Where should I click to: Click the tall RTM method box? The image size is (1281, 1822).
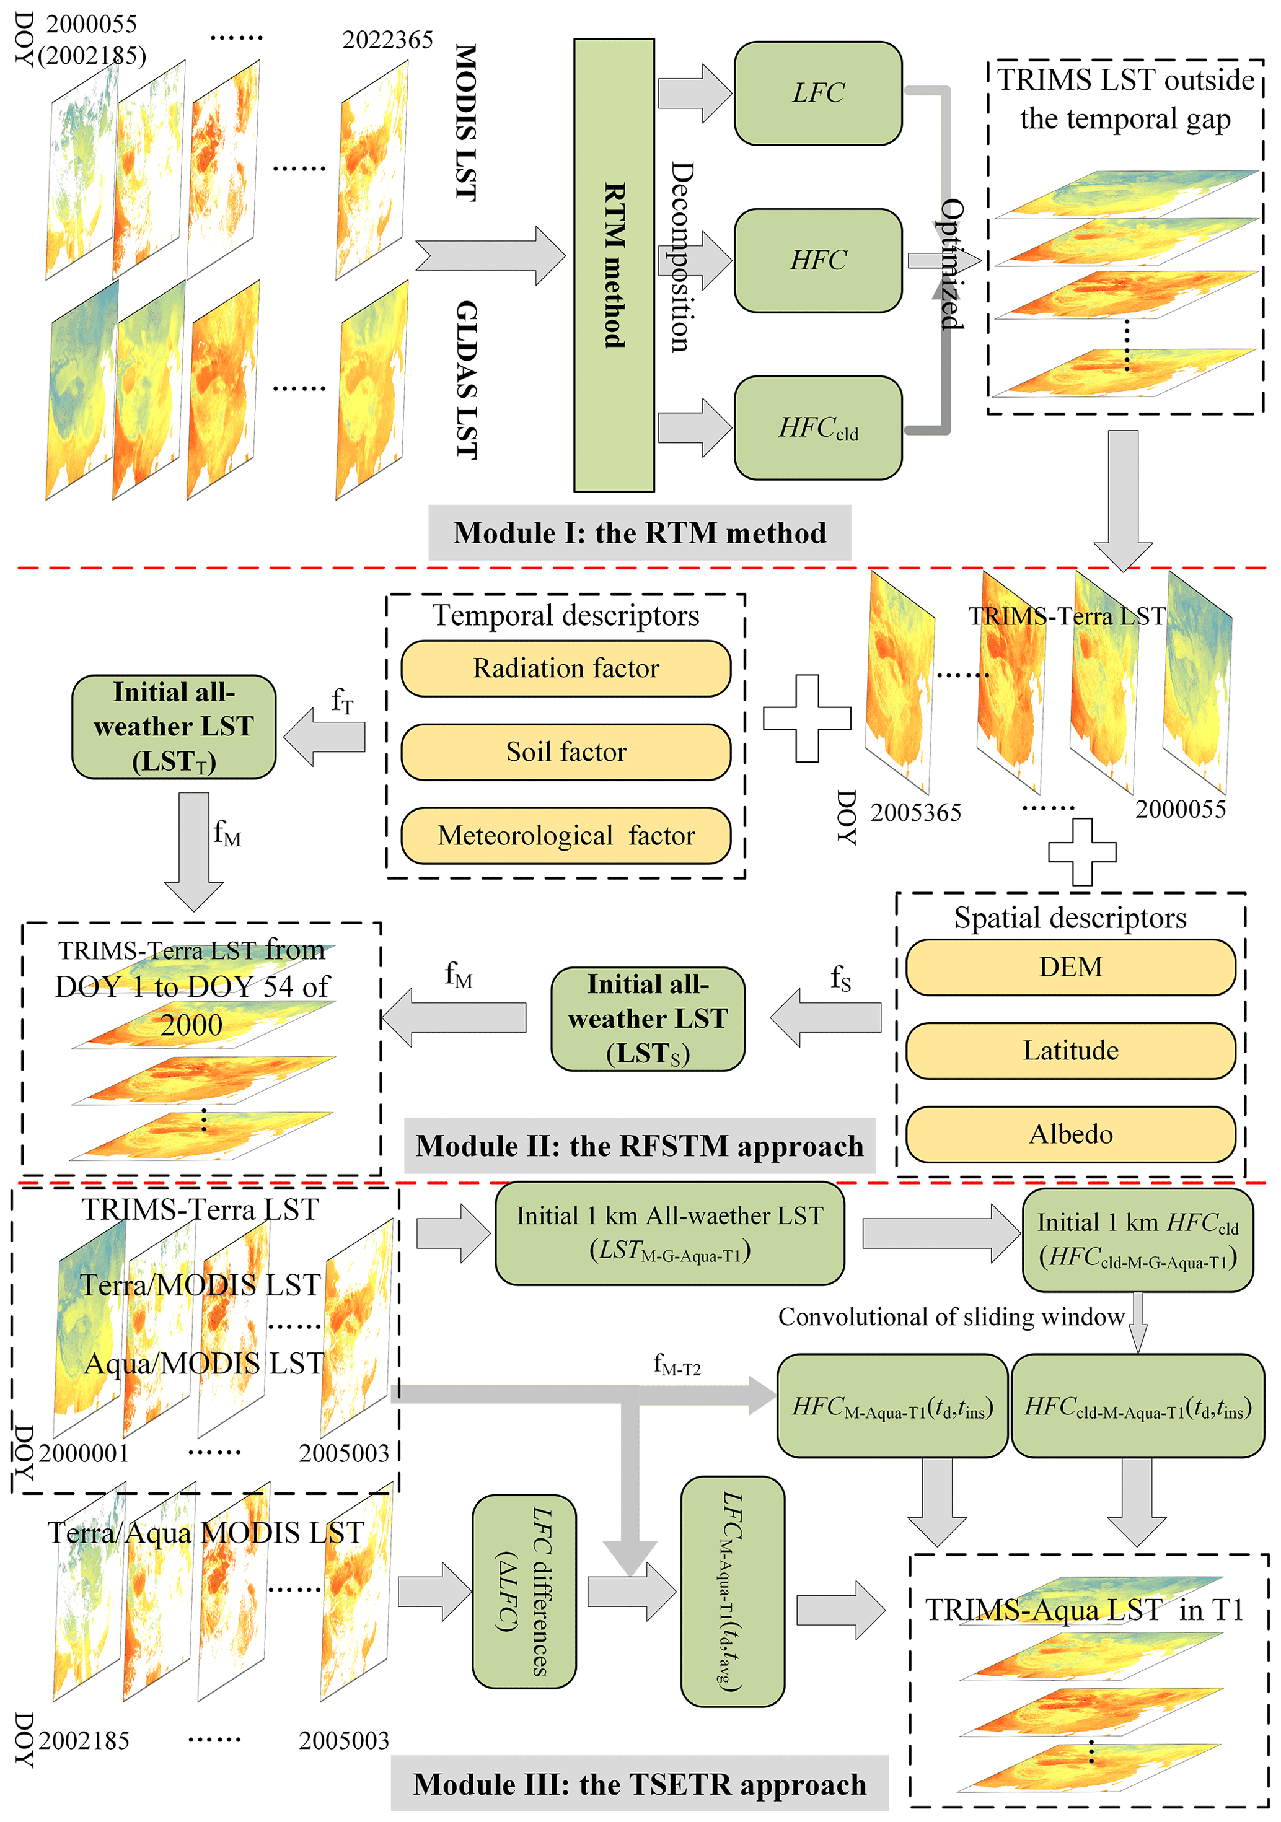(x=614, y=265)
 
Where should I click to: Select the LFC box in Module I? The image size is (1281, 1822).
(x=817, y=94)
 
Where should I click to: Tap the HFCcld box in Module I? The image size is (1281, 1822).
(x=817, y=427)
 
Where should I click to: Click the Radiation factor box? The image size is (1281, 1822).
(x=565, y=668)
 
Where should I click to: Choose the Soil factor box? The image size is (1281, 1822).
(x=565, y=751)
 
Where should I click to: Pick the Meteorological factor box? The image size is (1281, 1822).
(x=565, y=836)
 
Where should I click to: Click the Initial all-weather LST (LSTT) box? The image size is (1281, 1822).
(x=174, y=727)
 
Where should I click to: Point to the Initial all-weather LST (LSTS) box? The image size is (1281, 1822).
(x=648, y=1019)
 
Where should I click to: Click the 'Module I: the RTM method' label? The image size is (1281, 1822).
(x=639, y=532)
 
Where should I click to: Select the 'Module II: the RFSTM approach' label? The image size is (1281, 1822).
(x=639, y=1146)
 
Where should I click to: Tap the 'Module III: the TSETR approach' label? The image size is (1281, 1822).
(x=639, y=1784)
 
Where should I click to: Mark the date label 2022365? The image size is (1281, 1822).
(x=387, y=40)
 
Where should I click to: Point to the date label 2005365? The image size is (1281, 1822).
(x=915, y=813)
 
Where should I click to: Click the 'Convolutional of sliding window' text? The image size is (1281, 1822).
(x=951, y=1316)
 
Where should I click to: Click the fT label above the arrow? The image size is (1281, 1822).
(x=342, y=701)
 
